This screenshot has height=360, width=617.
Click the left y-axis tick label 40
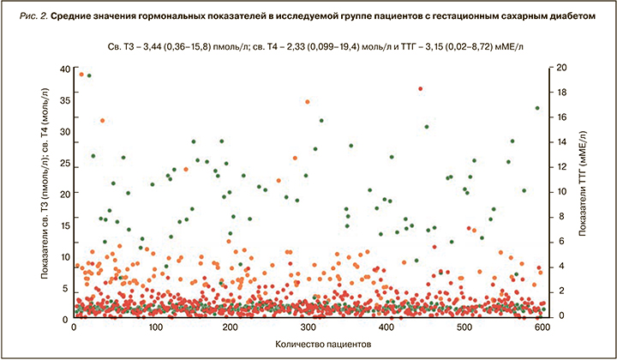tap(65, 69)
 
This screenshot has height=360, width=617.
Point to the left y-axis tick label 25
tap(65, 163)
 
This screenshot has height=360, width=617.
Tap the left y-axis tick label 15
tap(65, 225)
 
